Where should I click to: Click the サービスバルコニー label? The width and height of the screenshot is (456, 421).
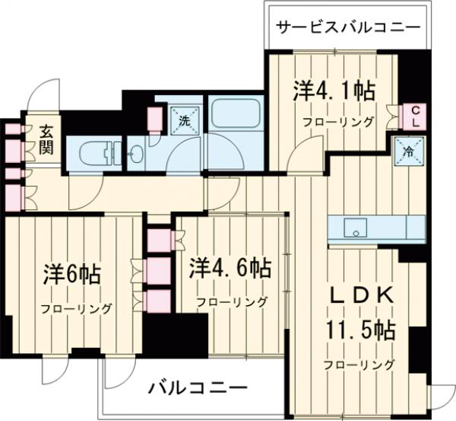[347, 27]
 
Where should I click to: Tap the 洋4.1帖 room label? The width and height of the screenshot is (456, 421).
[334, 92]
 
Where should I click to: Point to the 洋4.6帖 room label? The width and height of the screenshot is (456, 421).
[231, 267]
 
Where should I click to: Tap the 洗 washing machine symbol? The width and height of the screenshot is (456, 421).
[183, 120]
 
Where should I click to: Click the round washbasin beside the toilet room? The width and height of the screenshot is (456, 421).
[136, 155]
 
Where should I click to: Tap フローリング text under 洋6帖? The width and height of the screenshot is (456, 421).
[76, 308]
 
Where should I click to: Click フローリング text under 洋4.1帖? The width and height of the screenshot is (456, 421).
[338, 122]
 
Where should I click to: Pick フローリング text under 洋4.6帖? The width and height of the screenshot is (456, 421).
[231, 301]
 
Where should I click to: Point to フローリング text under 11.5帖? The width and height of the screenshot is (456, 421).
[358, 364]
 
